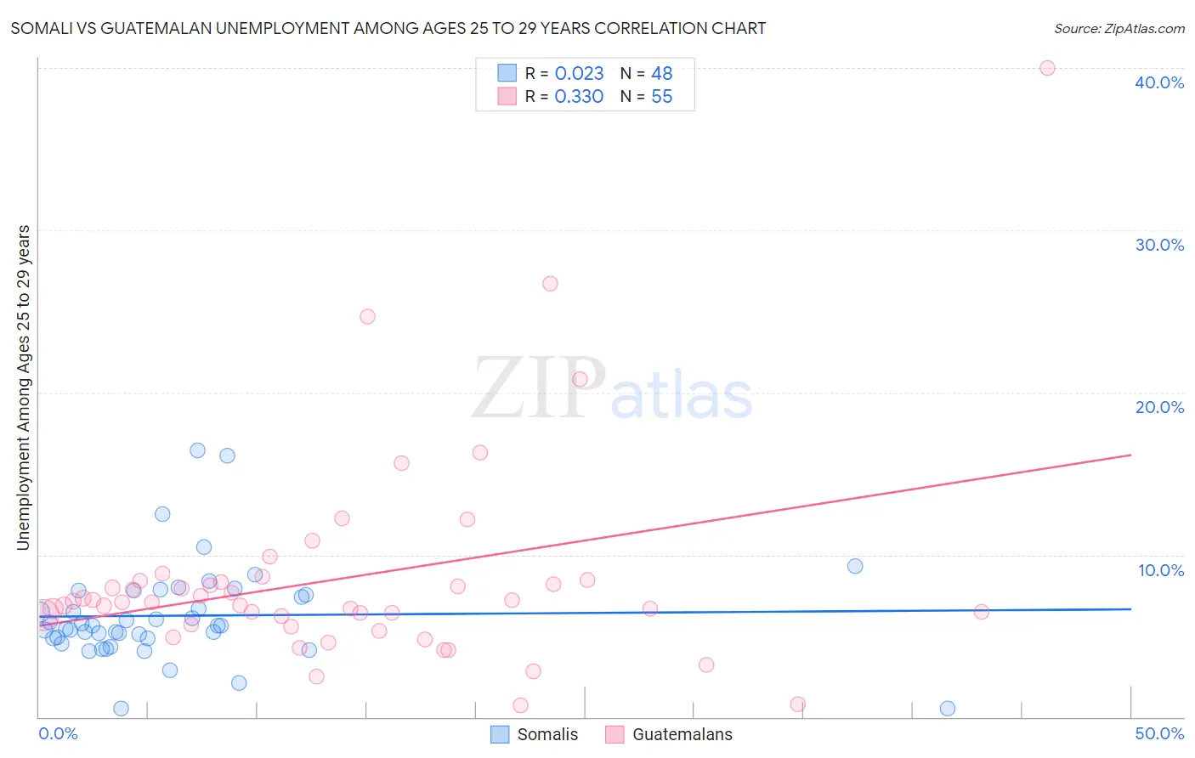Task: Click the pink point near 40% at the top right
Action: pos(1047,68)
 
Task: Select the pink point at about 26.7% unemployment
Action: pos(550,284)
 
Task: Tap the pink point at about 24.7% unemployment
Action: pos(367,316)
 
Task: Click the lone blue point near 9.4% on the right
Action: pos(855,566)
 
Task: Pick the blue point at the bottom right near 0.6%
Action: pos(948,709)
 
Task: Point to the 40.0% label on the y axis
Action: pos(1159,82)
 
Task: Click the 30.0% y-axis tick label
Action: pos(1159,245)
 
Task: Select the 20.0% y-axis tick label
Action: pos(1159,407)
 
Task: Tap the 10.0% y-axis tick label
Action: pos(1161,570)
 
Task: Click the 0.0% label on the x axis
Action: pos(58,733)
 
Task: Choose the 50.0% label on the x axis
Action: pos(1159,733)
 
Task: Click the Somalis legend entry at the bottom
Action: pos(547,734)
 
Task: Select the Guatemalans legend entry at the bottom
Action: pos(682,734)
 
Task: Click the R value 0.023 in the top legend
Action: pos(579,73)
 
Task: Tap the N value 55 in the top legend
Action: pos(661,97)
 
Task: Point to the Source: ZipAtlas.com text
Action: pos(1119,29)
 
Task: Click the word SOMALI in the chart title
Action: pos(42,29)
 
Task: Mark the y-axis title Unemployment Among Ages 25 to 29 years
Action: pos(24,387)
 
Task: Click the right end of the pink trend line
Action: pos(1130,455)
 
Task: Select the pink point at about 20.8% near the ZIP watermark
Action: pos(580,379)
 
